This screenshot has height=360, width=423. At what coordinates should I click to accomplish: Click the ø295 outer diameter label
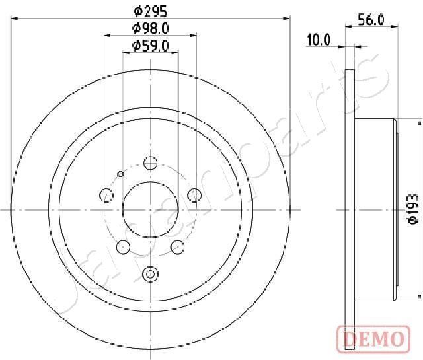150,11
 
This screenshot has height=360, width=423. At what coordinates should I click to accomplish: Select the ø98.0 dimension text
150,28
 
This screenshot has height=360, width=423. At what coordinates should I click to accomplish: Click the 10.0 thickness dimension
318,40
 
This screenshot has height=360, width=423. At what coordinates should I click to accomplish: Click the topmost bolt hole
150,163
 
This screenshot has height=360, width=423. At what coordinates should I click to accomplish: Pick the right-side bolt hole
194,195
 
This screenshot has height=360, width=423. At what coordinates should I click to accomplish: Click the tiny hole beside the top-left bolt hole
120,174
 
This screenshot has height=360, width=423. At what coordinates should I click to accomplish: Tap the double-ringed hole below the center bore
150,273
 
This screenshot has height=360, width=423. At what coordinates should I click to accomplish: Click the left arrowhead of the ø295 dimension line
15,20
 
